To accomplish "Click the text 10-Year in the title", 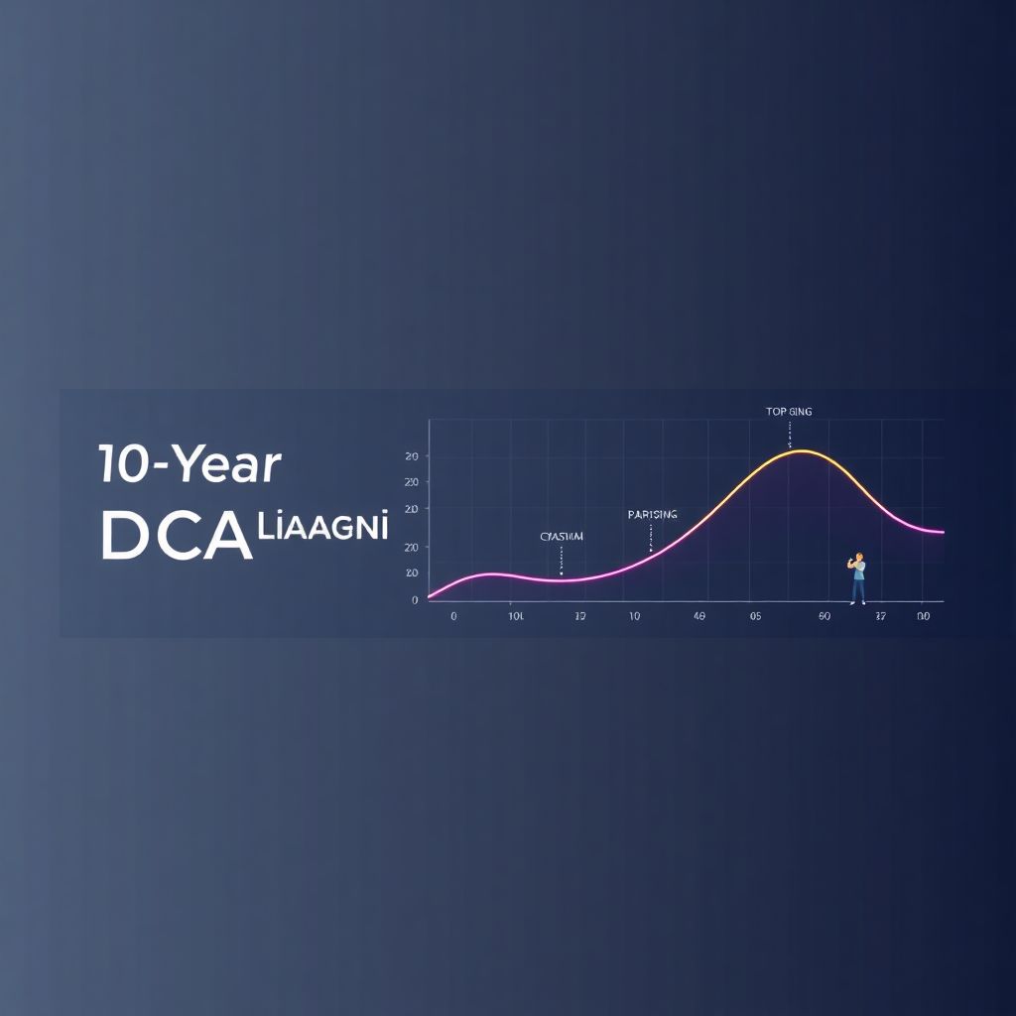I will click(190, 465).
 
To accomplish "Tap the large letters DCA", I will click(175, 536).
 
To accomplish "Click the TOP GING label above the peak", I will click(789, 412).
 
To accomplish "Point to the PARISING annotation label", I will click(652, 515).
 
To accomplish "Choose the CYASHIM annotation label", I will click(562, 537).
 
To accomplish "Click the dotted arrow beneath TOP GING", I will click(790, 434).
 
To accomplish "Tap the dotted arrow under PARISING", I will click(651, 537).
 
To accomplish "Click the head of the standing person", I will click(858, 558).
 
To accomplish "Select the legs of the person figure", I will click(858, 591).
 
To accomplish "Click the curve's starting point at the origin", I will click(430, 596).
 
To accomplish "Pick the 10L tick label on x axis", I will click(516, 616).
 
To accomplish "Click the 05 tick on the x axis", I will click(755, 616).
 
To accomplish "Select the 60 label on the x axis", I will click(824, 616).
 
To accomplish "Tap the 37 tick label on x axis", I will click(880, 616).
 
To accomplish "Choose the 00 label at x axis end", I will click(923, 616).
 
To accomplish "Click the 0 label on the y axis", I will click(414, 599).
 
